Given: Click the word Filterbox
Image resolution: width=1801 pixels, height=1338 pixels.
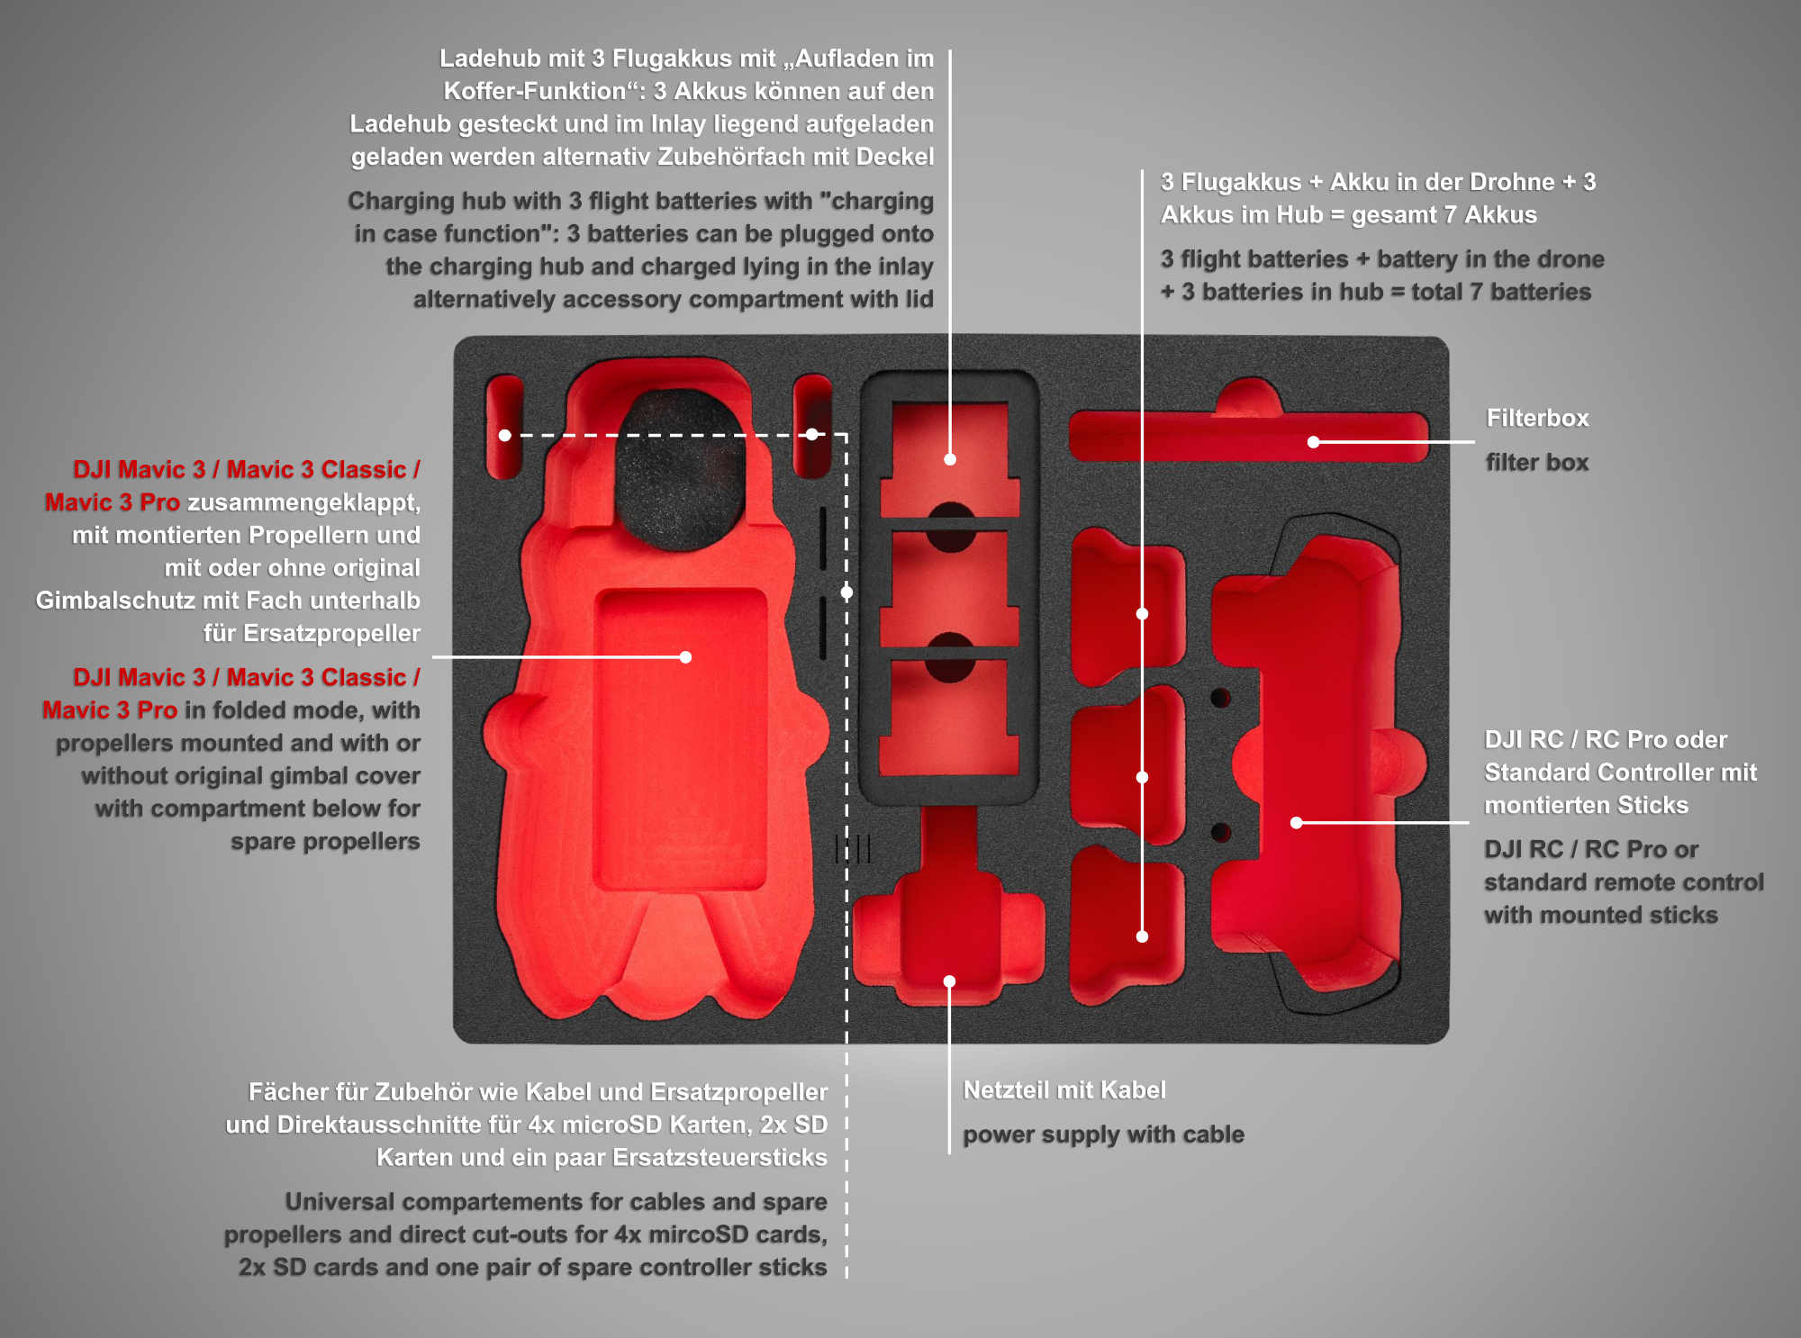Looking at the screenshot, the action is coord(1537,418).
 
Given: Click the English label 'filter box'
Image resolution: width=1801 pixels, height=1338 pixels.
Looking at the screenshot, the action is coord(1537,462).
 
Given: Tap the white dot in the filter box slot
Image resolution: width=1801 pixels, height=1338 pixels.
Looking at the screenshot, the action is coord(1314,442).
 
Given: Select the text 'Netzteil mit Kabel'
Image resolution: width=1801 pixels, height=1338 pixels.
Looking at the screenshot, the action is coord(1064,1090).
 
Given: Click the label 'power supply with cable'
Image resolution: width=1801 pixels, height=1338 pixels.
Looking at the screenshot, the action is coord(1103,1135).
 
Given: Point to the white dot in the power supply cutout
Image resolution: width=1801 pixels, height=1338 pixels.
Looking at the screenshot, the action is coord(949,981).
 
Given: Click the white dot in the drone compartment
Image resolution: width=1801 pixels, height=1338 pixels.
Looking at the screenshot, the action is coord(686,657).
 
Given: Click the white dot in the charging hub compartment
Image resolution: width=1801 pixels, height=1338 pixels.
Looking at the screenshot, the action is coord(950,459).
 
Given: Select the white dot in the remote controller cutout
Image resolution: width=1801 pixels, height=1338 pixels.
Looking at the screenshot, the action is coord(1297,822).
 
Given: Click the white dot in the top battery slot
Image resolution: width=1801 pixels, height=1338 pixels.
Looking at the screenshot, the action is coord(1142,614).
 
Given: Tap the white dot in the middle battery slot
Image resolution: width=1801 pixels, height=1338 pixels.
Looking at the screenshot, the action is coord(1142,777).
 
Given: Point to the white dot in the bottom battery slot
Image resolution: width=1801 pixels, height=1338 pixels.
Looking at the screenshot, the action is coord(1142,936).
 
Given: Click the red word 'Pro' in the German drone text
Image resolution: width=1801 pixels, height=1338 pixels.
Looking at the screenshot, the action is coord(159,502).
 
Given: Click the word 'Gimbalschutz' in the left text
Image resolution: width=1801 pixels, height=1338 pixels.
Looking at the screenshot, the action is coord(115,601).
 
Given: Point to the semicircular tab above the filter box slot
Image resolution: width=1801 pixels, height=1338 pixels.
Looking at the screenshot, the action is coord(1248,397).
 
